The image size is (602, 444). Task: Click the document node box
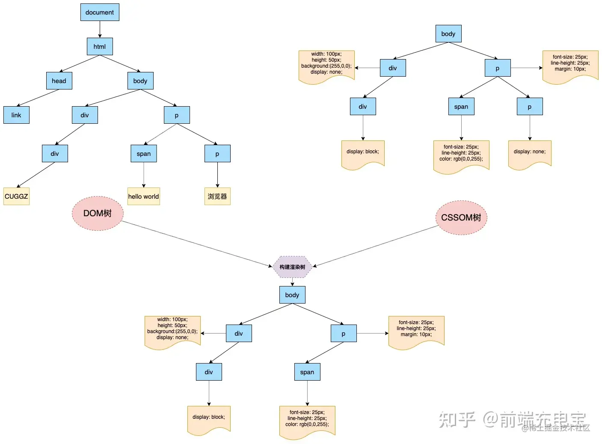(x=100, y=12)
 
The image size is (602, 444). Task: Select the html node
(x=100, y=47)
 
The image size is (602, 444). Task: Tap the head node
(x=59, y=81)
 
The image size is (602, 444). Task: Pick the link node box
(x=16, y=115)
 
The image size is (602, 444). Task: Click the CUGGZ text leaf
(x=16, y=197)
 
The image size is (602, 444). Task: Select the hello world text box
(x=144, y=197)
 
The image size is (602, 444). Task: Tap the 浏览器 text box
(x=217, y=197)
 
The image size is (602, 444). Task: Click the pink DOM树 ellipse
(x=98, y=213)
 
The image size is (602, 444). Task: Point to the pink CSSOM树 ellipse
(x=461, y=218)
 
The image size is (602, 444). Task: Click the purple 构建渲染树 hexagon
(x=292, y=267)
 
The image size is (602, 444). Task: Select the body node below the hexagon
(x=292, y=295)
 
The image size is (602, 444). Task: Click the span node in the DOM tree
(x=144, y=154)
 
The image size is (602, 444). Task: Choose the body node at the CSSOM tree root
(x=448, y=34)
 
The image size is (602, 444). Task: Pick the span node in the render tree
(x=307, y=372)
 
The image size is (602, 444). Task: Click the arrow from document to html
(x=100, y=29)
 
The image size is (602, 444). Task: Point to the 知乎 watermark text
(x=457, y=420)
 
